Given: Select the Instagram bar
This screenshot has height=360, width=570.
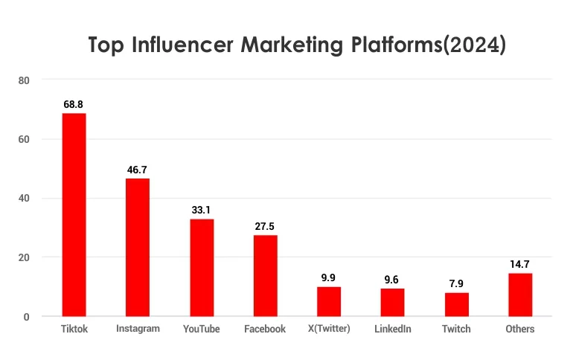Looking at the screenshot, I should (x=138, y=247).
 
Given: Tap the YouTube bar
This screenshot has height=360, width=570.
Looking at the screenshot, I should (x=201, y=267).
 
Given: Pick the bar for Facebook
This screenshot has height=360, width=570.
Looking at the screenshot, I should (x=265, y=275).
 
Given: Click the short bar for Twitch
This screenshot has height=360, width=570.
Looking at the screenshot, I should (x=456, y=304).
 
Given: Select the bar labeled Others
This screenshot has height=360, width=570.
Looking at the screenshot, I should (x=519, y=295).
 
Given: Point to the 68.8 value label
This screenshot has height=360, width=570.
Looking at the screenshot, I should (x=74, y=105).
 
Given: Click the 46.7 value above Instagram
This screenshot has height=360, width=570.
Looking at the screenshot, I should (x=138, y=170).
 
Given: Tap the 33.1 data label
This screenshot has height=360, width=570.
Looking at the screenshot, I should (x=201, y=210).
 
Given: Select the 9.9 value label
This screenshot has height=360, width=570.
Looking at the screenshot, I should (x=328, y=277).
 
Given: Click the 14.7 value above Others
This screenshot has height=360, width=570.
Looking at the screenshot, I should (x=519, y=264).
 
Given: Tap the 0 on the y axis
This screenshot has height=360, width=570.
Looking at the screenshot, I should (x=25, y=316).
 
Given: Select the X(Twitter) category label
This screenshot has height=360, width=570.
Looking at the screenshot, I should (x=328, y=329).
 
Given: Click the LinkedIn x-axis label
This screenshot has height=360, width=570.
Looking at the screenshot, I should (x=392, y=329).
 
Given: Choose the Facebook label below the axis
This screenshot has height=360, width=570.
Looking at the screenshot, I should (x=265, y=329).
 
